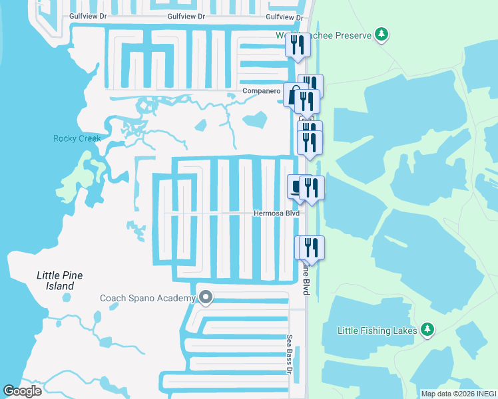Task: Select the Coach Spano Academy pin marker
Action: tap(206, 298)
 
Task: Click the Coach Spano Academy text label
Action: tap(148, 298)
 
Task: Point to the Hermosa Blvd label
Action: tap(276, 213)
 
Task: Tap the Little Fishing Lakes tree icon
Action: tap(427, 330)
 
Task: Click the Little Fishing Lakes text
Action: tap(377, 331)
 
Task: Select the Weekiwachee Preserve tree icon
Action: tap(381, 35)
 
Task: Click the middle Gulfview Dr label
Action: tap(186, 16)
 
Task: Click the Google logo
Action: tap(22, 391)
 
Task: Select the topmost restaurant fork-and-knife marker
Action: tap(297, 45)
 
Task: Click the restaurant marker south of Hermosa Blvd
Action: tap(311, 247)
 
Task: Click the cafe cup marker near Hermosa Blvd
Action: tap(296, 186)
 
